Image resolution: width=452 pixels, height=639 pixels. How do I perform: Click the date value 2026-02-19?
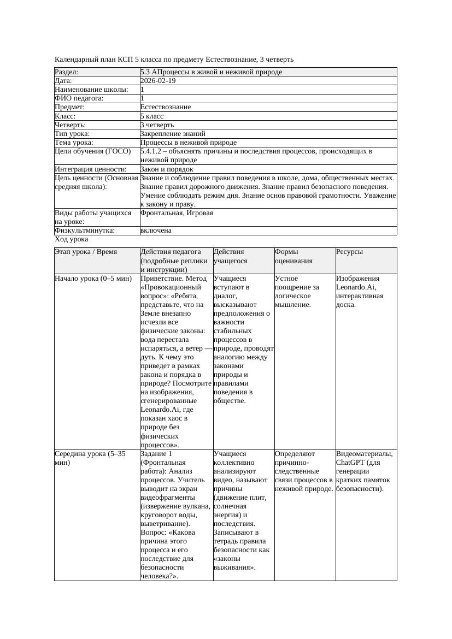[x=158, y=80]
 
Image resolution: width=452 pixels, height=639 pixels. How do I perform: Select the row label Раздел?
[x=67, y=72]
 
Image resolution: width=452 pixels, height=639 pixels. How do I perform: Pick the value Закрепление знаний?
[x=173, y=133]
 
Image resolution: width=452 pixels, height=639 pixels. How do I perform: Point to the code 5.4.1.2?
[x=153, y=151]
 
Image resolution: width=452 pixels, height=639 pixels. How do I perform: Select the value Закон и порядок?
[x=167, y=169]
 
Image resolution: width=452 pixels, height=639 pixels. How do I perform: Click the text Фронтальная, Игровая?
[x=177, y=213]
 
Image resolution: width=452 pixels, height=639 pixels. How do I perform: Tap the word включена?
[x=156, y=230]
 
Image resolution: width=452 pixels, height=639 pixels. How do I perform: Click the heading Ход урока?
[x=72, y=239]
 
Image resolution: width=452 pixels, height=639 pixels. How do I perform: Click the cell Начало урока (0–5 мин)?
[x=93, y=279]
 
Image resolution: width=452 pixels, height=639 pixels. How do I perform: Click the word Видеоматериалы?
[x=364, y=453]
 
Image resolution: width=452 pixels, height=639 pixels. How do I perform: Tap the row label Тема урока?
[x=74, y=142]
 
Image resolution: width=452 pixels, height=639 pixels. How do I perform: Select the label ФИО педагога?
[x=79, y=98]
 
